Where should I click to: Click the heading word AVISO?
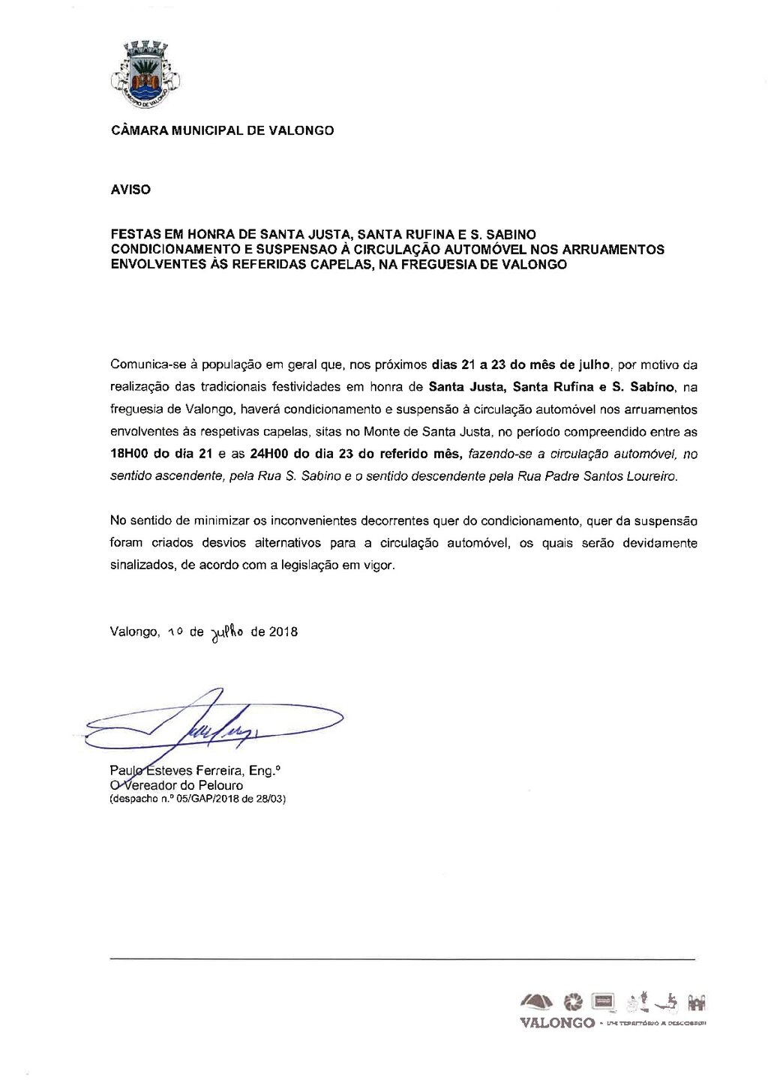tap(130, 190)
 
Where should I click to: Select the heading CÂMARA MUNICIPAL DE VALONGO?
tap(222, 130)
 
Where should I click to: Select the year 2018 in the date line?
tap(283, 631)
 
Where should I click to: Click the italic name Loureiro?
tap(650, 476)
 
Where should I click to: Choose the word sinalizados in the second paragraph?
tap(141, 565)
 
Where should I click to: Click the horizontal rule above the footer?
tap(402, 958)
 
